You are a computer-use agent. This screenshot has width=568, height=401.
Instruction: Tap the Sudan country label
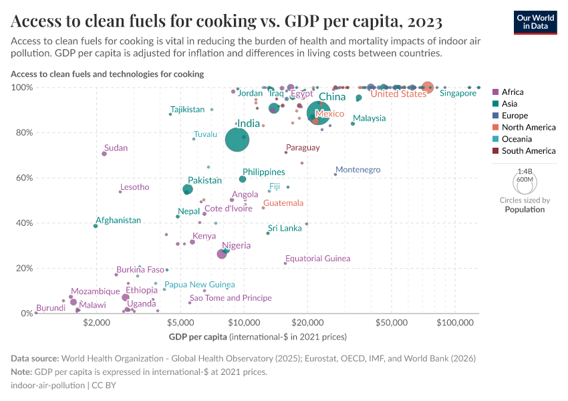click(x=116, y=148)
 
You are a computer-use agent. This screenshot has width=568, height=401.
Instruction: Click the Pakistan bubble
click(x=188, y=190)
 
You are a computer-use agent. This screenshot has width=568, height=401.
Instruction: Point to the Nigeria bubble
click(x=222, y=254)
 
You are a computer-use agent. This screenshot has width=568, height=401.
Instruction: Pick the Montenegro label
click(x=358, y=170)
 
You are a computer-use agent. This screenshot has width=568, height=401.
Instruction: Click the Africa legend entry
click(x=513, y=92)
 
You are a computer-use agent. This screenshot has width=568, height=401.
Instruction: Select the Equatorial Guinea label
click(x=317, y=259)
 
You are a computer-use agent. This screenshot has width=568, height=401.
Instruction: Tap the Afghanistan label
click(x=118, y=221)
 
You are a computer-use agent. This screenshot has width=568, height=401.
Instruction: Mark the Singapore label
click(x=458, y=94)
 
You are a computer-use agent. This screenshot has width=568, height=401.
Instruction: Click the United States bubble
click(x=428, y=88)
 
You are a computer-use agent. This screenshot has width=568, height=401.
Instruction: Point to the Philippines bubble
click(x=243, y=179)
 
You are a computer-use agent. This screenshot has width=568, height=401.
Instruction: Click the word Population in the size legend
click(x=525, y=210)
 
